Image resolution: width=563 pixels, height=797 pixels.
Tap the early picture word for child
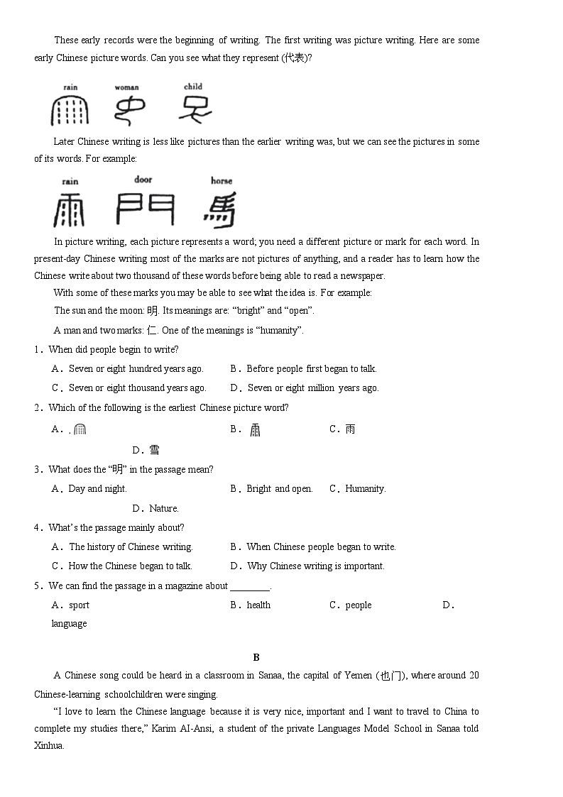pyautogui.click(x=193, y=109)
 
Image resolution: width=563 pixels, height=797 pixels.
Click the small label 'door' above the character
pyautogui.click(x=143, y=180)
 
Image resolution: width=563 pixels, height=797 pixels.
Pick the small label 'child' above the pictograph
pyautogui.click(x=193, y=87)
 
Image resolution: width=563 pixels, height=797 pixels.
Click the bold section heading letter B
pyautogui.click(x=256, y=657)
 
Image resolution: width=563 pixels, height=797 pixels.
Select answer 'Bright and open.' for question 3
pyautogui.click(x=279, y=489)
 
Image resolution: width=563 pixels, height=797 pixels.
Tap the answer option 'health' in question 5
pyautogui.click(x=258, y=605)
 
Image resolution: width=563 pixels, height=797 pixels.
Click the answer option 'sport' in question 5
pyautogui.click(x=79, y=605)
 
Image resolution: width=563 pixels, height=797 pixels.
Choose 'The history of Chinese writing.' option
pyautogui.click(x=131, y=547)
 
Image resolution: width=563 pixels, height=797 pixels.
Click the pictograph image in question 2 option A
pyautogui.click(x=80, y=429)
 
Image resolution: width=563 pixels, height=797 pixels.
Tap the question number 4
pyautogui.click(x=37, y=528)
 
